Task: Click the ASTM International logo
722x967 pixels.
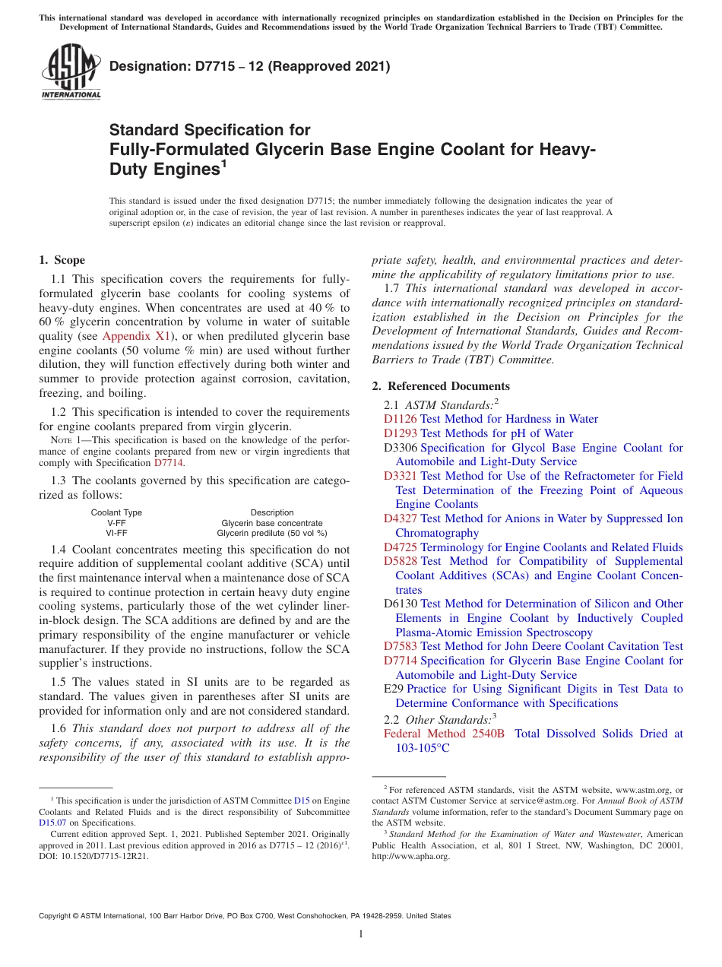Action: pyautogui.click(x=71, y=73)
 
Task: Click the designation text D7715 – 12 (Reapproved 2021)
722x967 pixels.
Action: pyautogui.click(x=250, y=67)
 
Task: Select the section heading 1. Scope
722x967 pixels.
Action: pyautogui.click(x=62, y=260)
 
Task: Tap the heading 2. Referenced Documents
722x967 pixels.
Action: pyautogui.click(x=441, y=386)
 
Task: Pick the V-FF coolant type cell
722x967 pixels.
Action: pyautogui.click(x=116, y=523)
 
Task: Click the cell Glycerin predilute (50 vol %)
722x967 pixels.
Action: pyautogui.click(x=271, y=533)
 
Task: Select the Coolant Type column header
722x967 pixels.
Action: pyautogui.click(x=116, y=513)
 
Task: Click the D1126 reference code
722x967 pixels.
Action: pyautogui.click(x=400, y=419)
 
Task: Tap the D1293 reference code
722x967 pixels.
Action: pyautogui.click(x=400, y=433)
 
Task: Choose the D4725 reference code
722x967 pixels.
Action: pyautogui.click(x=400, y=547)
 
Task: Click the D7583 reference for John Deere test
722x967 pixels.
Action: pyautogui.click(x=400, y=646)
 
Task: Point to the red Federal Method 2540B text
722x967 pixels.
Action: pyautogui.click(x=444, y=734)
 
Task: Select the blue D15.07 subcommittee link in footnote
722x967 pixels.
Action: pyautogui.click(x=52, y=823)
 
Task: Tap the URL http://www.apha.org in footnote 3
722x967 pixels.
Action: pyautogui.click(x=411, y=857)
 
